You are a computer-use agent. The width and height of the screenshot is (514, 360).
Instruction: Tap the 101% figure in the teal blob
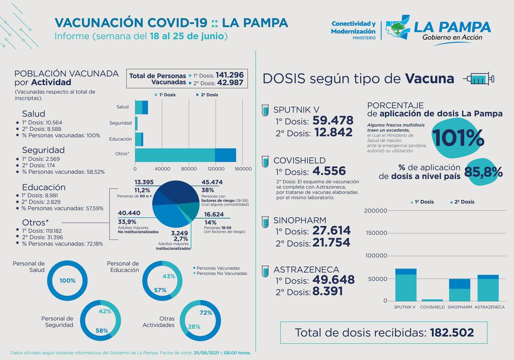[x=457, y=137]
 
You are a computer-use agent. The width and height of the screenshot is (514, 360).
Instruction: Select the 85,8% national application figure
[x=483, y=173]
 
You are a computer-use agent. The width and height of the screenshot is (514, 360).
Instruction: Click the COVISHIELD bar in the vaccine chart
[x=432, y=300]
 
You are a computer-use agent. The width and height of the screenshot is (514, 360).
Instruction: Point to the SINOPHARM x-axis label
[x=460, y=307]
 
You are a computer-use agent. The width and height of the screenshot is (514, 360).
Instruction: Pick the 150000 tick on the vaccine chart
[x=376, y=233]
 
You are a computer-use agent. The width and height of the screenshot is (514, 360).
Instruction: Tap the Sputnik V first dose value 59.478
[x=333, y=120]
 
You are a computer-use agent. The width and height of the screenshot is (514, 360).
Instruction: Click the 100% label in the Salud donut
[x=67, y=281]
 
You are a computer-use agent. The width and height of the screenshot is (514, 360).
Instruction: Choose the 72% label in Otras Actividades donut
[x=206, y=313]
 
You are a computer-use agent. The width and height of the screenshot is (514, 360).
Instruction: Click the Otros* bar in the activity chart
[x=185, y=154]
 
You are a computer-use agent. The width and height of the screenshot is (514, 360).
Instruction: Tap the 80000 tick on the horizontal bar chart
[x=189, y=169]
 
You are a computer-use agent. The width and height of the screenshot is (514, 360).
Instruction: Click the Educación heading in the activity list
[x=44, y=187]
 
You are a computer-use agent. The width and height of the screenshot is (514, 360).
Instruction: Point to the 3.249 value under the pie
[x=181, y=233]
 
